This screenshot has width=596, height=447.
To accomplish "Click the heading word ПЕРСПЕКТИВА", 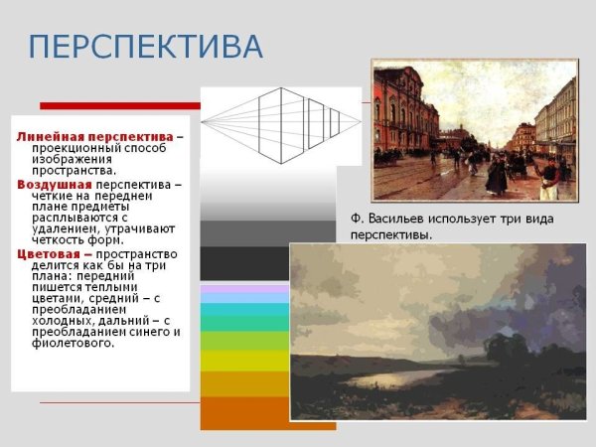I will pos(145,47).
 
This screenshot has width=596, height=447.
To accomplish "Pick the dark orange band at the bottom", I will pos(243,412).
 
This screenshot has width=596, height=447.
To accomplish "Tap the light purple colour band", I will pos(243,289).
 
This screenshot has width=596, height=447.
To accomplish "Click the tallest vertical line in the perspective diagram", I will pos(281,124).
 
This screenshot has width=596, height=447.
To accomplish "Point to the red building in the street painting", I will pos(402,114).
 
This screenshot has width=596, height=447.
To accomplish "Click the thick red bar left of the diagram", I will pos(119,105).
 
